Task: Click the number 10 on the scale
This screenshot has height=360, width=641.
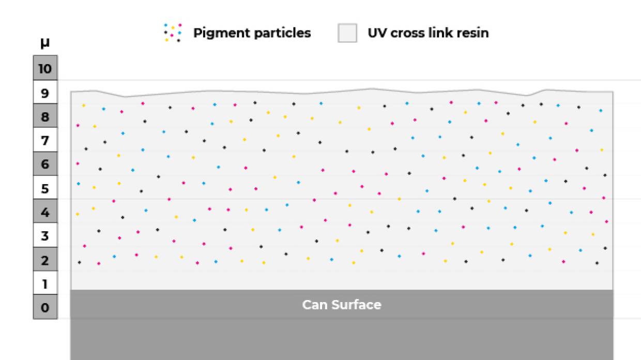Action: [45, 69]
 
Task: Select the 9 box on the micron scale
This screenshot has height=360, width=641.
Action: [45, 93]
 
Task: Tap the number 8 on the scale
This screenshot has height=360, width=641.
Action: [45, 117]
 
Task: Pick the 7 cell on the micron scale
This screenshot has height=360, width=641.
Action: [45, 141]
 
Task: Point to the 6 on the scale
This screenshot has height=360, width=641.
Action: [45, 164]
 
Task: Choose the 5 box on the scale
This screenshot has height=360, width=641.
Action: [45, 189]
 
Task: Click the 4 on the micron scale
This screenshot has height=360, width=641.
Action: [45, 213]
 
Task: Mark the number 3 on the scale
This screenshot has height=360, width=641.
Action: [45, 236]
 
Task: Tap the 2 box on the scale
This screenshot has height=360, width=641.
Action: [45, 260]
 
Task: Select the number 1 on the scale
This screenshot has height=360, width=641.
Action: [45, 284]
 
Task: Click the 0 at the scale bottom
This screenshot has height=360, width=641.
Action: [45, 308]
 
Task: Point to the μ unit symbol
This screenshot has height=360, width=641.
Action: [45, 42]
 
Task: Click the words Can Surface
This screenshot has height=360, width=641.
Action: [342, 305]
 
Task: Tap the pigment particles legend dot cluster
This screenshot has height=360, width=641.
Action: [173, 33]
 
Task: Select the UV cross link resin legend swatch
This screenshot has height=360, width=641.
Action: [347, 33]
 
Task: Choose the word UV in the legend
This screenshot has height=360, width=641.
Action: [376, 33]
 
